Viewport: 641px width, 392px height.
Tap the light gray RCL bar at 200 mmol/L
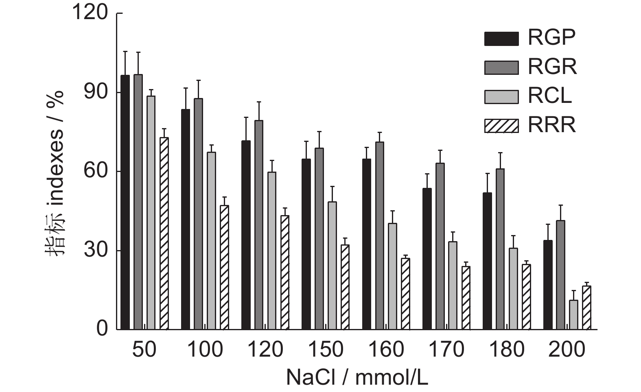[573, 315]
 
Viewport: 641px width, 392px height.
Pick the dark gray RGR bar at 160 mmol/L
[380, 235]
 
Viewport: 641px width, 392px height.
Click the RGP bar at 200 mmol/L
[548, 285]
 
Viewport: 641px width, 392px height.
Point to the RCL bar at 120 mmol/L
[271, 250]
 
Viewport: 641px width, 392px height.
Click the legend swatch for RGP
[501, 39]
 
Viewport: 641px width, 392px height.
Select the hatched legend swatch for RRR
[501, 126]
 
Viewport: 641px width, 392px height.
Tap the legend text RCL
[550, 96]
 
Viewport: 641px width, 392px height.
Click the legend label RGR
[552, 67]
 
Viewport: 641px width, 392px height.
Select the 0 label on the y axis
[102, 329]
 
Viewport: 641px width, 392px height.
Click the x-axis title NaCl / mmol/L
[357, 377]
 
